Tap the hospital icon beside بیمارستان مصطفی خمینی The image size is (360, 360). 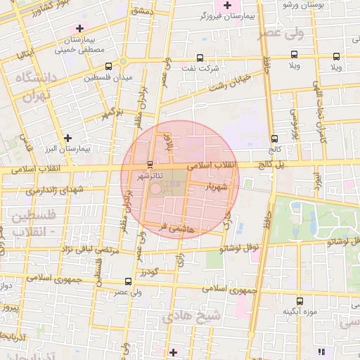pos(79,28)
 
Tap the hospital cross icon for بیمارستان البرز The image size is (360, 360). pos(67,138)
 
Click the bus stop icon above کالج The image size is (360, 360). pos(274,139)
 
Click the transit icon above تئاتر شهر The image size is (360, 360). pos(149,165)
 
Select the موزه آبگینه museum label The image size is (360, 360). pos(300,311)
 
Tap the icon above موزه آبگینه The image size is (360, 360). pos(300,301)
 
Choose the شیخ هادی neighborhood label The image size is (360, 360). pos(192,316)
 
